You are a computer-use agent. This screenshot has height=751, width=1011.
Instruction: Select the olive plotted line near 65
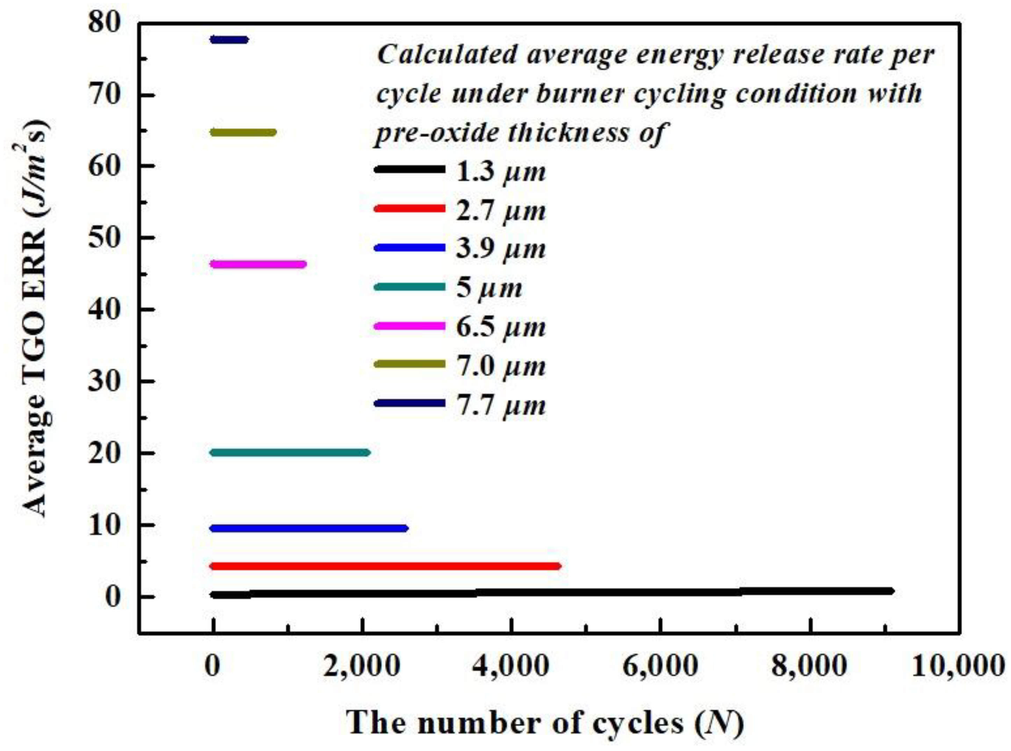click(243, 133)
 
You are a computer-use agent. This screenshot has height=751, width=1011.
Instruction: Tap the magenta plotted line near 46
click(258, 264)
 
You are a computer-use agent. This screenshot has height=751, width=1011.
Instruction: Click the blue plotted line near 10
click(309, 528)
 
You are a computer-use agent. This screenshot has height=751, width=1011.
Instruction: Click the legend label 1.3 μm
click(501, 172)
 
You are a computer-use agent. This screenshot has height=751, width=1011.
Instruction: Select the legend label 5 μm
click(489, 288)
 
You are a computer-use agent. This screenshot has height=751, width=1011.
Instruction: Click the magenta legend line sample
click(409, 326)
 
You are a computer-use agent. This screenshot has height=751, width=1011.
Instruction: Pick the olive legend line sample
click(409, 364)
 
